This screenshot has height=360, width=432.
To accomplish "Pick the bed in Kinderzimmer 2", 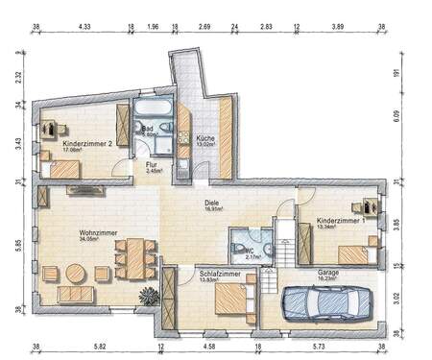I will tap(63, 169).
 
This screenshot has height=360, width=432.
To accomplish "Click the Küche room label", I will tap(205, 138).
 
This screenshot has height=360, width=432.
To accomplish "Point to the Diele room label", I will tap(212, 203).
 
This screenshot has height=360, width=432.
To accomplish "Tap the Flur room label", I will tap(152, 164).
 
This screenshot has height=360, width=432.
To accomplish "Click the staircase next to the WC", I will tap(282, 244).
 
